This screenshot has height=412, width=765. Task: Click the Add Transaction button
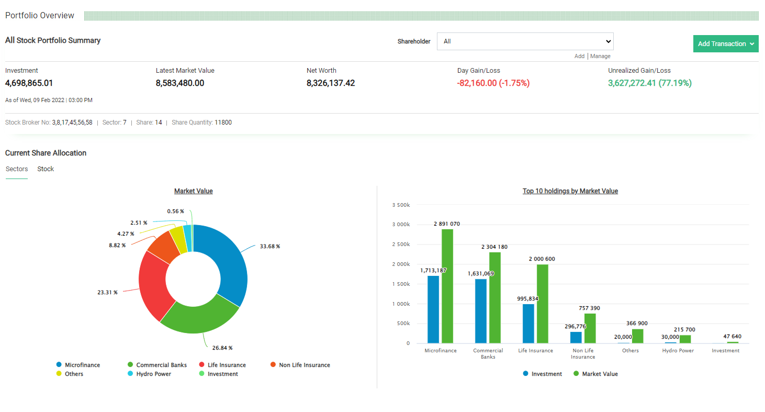click(725, 44)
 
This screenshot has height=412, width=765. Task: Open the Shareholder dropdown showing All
click(525, 41)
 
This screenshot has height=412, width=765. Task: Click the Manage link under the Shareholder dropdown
click(600, 56)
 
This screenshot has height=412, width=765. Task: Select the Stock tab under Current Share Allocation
click(46, 169)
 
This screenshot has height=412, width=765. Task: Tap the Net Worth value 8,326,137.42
click(331, 83)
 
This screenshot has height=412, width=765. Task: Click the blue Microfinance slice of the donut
click(230, 262)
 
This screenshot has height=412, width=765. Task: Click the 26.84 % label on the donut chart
click(222, 348)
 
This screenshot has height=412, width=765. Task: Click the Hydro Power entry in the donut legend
click(154, 374)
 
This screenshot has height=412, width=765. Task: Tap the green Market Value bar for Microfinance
click(447, 286)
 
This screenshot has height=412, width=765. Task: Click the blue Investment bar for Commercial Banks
click(480, 311)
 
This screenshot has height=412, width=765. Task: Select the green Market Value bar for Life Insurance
click(542, 304)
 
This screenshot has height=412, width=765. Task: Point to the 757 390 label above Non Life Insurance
click(589, 308)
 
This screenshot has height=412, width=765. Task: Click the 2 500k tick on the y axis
click(400, 244)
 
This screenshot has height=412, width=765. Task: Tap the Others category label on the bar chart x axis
click(630, 351)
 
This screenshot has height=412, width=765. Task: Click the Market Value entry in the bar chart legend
click(599, 374)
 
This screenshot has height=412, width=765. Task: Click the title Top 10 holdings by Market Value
click(570, 191)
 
